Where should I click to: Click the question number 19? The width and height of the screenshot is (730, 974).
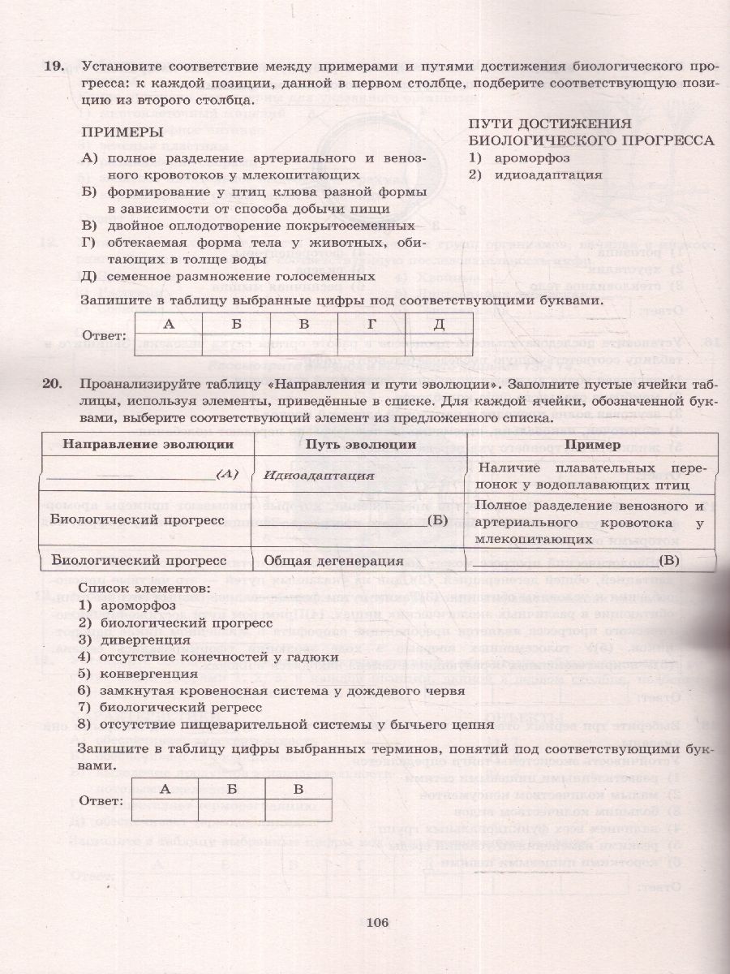pyautogui.click(x=54, y=67)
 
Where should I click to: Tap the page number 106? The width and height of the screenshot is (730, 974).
pyautogui.click(x=378, y=921)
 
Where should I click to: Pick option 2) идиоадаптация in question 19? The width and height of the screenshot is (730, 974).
pyautogui.click(x=535, y=174)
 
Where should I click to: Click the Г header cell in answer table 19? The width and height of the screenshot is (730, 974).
pyautogui.click(x=371, y=324)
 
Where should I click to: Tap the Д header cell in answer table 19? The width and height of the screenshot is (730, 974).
pyautogui.click(x=439, y=324)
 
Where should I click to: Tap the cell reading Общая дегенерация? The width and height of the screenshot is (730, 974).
pyautogui.click(x=333, y=560)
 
